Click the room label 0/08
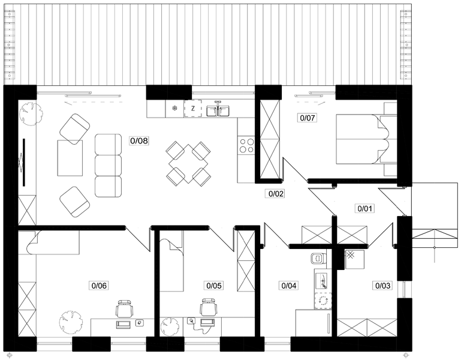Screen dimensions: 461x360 pos(139,141)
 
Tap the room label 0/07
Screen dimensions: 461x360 pos(308,118)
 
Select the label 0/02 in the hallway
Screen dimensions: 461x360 pos(276,194)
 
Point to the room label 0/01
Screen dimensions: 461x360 pos(364,209)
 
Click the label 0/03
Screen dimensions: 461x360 pos(383,285)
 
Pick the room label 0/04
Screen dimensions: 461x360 pos(289,285)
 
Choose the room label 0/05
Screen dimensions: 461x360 pos(214,285)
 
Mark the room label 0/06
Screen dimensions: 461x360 pos(99,285)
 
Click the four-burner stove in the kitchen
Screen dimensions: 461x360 pos(246,145)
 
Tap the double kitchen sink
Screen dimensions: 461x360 pos(218,110)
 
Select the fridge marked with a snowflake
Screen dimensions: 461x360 pos(174,109)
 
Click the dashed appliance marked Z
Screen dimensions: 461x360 pos(193,109)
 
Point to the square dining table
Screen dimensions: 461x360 pos(188,164)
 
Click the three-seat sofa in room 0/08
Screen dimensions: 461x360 pos(108,166)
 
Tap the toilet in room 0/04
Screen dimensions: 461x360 pos(318,258)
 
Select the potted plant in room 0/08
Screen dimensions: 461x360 pos(31,113)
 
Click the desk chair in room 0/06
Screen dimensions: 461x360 pos(125,308)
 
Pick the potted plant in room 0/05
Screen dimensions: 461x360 pos(170,326)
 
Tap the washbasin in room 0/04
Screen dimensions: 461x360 pos(323,281)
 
